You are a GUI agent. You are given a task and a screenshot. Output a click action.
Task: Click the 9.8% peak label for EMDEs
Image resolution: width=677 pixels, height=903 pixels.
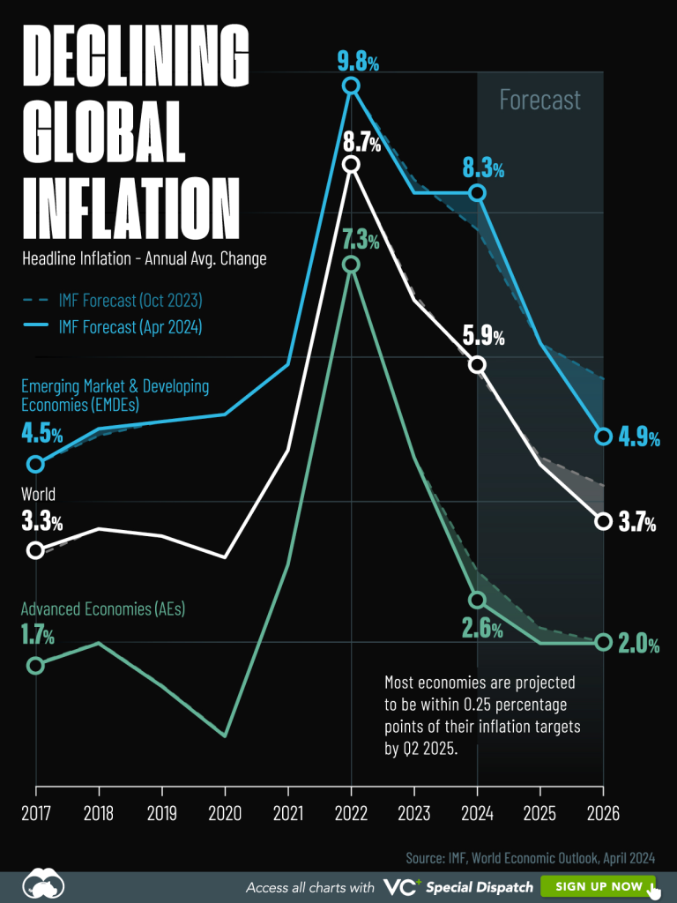(358, 62)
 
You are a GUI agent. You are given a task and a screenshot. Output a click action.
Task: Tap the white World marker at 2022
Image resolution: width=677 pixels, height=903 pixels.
(352, 164)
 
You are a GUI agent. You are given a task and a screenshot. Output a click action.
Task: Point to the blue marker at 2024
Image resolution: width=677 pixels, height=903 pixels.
(478, 192)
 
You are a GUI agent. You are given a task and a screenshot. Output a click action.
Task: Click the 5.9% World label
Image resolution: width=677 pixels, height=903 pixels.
(483, 337)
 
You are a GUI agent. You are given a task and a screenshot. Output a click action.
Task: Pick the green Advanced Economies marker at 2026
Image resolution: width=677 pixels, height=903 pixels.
(603, 642)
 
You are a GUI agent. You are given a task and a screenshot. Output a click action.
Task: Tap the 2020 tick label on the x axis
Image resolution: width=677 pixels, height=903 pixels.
(225, 813)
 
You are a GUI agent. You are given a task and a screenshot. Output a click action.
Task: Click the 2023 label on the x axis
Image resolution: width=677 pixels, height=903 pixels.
(414, 813)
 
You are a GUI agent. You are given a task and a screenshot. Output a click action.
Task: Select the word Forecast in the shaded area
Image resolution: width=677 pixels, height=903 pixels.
(539, 100)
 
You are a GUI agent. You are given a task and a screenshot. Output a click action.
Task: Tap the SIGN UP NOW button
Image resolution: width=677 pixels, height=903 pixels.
(598, 886)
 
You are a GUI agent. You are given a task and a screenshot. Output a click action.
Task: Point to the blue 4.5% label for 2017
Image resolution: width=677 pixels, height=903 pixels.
(41, 435)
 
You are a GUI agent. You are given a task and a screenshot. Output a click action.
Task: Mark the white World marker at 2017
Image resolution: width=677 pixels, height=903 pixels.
(35, 550)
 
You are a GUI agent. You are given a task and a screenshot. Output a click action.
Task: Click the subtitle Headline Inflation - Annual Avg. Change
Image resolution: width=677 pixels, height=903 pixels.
(144, 259)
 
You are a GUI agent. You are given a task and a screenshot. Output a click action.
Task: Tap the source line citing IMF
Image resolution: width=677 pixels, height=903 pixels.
(530, 857)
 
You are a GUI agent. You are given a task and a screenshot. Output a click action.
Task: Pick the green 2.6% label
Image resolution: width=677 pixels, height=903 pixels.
(482, 630)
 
